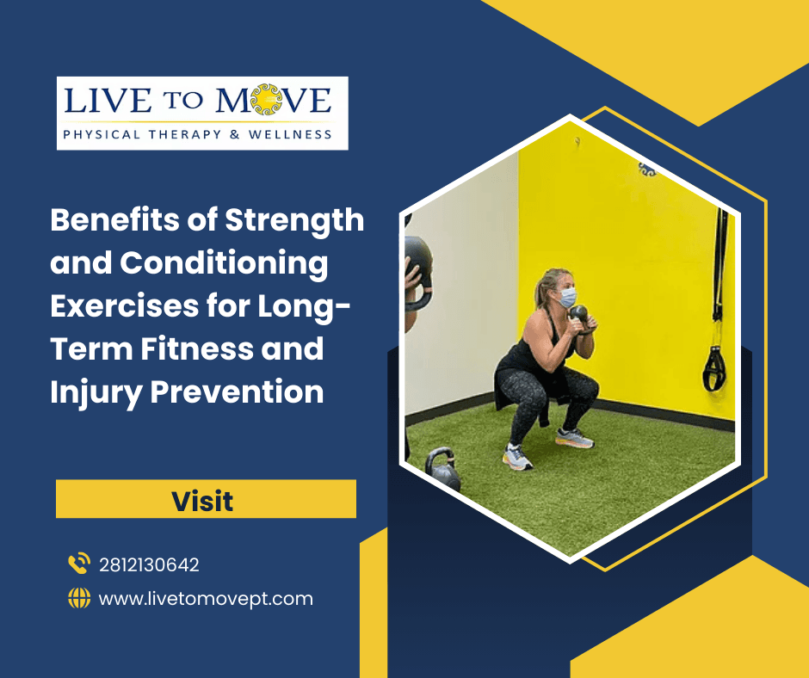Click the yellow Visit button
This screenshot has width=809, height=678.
coord(206,498)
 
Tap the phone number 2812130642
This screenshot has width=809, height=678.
coord(149,565)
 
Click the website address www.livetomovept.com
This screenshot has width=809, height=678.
coord(206,599)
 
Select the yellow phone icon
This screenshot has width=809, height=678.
coord(79,563)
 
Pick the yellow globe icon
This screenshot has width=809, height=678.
coord(79,598)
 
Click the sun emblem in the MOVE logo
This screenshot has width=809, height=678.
coord(266,100)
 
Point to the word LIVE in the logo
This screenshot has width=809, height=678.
coord(108,100)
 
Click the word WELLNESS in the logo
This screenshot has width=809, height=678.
coord(290,135)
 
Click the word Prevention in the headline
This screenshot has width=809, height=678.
coord(238,392)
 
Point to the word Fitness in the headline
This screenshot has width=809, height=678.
coord(196,348)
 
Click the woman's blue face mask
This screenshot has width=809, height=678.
coord(567,297)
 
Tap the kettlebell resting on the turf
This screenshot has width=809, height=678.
coord(443,469)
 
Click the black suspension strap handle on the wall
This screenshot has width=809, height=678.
coord(714,368)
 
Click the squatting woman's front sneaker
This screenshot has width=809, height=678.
coord(516,458)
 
